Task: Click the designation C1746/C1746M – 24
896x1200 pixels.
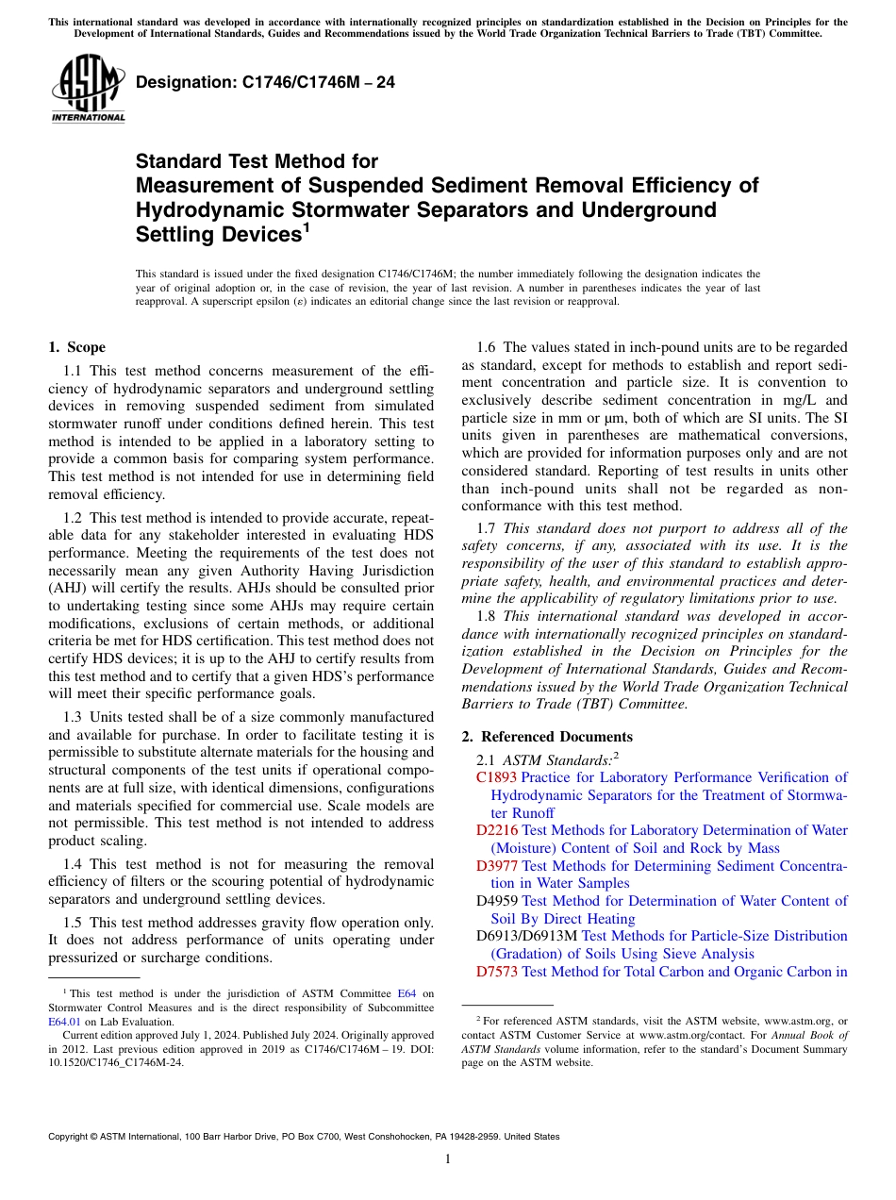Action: pos(265,83)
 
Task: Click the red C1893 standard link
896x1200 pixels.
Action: pos(496,777)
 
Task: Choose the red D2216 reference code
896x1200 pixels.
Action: pos(496,830)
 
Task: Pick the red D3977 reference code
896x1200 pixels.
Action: pos(496,866)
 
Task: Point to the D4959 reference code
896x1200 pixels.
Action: pos(496,901)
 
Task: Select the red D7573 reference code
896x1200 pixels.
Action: pos(496,971)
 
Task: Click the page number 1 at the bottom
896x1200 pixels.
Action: pos(448,1159)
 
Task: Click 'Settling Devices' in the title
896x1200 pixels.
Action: pos(212,234)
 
